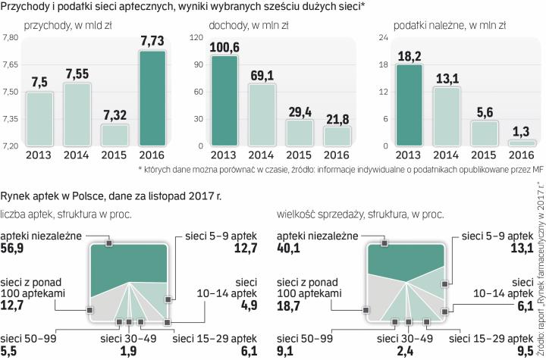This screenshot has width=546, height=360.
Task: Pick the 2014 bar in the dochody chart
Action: tap(262, 114)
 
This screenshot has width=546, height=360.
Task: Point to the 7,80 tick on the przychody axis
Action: tap(11, 37)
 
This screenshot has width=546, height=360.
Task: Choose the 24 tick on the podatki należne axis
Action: tap(384, 37)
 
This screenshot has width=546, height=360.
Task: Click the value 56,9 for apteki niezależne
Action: tap(16, 249)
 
